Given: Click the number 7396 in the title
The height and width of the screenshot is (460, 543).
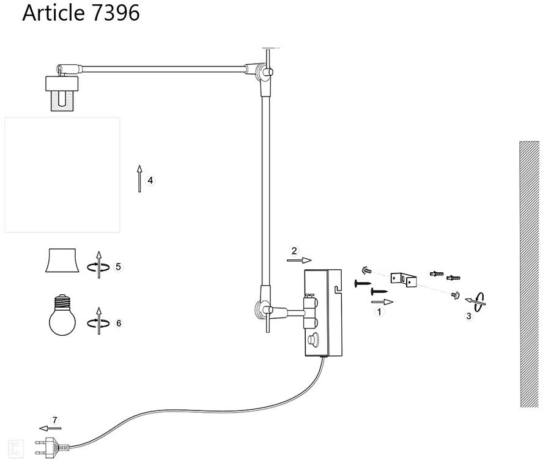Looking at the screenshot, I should coord(114,13).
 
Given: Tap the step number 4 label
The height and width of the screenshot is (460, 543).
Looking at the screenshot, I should coord(151,180).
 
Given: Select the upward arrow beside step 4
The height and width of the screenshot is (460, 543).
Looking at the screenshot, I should coord(139,179).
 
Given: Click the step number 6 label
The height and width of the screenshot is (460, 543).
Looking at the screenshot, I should coord(119,322).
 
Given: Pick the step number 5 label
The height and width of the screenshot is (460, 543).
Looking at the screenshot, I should coord(119,266).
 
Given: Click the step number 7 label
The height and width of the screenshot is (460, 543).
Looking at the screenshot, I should coord(55,420).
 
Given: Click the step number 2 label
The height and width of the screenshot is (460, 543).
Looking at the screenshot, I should coord(294,251).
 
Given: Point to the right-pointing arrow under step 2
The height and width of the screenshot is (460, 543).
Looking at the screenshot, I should coord(299,260).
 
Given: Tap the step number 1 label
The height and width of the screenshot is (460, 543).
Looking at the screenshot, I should coord(380,311).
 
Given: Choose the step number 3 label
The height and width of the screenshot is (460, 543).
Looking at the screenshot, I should coord(469,316).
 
